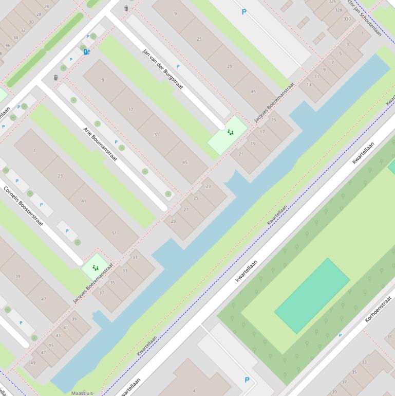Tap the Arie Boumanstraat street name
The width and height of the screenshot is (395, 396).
(x=100, y=144)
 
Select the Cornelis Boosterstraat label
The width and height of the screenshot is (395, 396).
(x=24, y=206)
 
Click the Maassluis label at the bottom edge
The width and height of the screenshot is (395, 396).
(x=83, y=393)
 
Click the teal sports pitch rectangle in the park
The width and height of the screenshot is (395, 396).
(x=312, y=295)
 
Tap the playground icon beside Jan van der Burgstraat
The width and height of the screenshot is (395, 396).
(x=230, y=133)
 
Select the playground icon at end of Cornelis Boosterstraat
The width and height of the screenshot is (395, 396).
(x=95, y=268)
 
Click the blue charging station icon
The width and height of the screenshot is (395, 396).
(x=86, y=51)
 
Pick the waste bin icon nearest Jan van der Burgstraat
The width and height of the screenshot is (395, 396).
(x=126, y=8)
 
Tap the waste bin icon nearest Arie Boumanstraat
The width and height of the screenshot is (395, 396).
(x=56, y=78)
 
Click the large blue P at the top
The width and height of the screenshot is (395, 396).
(x=244, y=12)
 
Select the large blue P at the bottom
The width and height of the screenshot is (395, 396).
(x=247, y=380)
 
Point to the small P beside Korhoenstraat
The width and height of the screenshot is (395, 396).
(x=340, y=335)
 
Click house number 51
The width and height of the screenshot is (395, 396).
(x=114, y=233)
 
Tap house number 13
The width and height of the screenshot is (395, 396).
(x=309, y=84)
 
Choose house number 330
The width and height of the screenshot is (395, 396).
(x=347, y=19)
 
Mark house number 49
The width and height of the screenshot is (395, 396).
(x=32, y=363)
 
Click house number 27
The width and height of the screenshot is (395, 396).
(x=185, y=210)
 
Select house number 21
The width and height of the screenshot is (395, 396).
(x=240, y=154)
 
